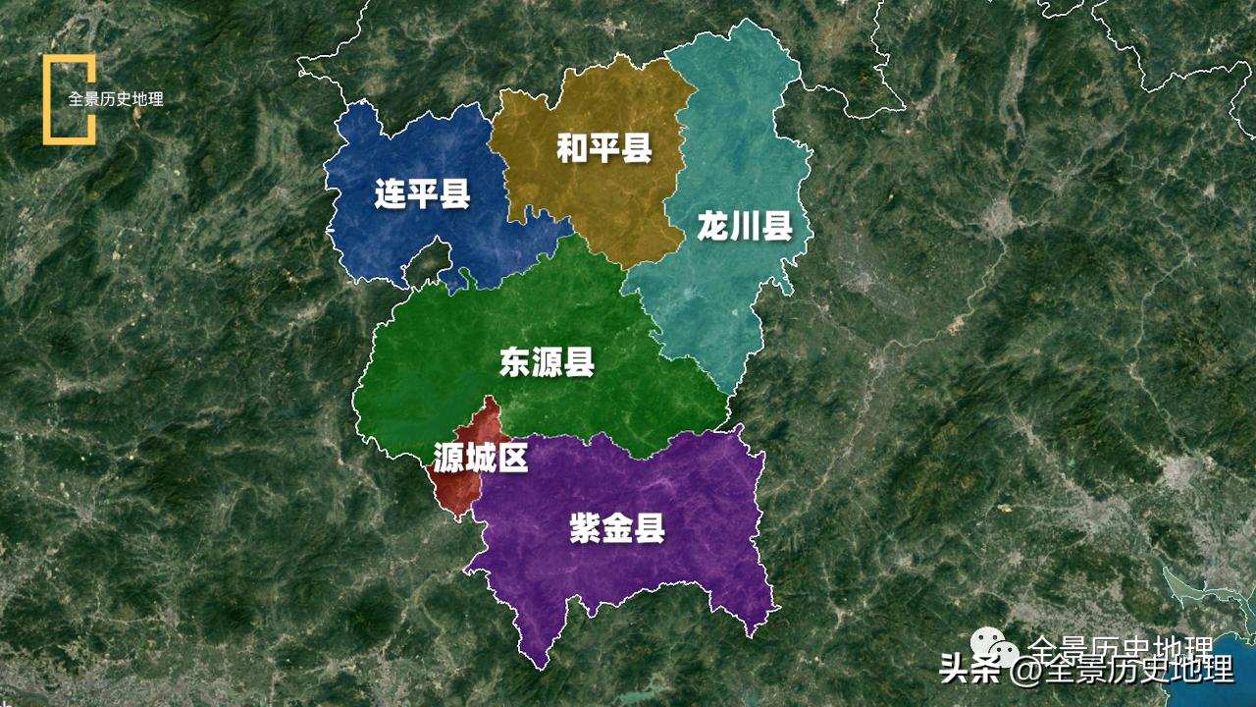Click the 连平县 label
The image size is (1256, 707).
click(x=422, y=194)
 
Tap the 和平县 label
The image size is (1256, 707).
click(x=603, y=149)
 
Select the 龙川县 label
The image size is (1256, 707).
click(x=745, y=227)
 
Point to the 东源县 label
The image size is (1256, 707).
click(x=547, y=362)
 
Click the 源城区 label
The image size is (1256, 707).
click(x=480, y=457)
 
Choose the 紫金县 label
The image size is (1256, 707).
click(x=617, y=529)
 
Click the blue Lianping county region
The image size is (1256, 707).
click(x=392, y=236)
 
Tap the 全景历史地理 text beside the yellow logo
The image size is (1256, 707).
click(x=116, y=99)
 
